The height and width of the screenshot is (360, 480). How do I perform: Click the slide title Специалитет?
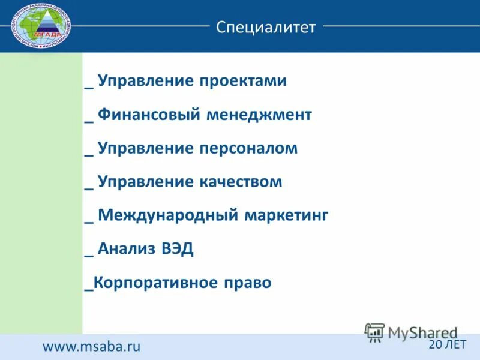(x=266, y=27)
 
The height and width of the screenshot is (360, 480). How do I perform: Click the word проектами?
(x=244, y=81)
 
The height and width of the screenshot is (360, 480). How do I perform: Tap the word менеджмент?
(x=259, y=115)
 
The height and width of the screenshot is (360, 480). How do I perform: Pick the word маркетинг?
(x=286, y=215)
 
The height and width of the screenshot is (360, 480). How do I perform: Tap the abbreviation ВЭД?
(x=177, y=249)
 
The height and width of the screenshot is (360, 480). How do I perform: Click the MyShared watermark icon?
(x=375, y=332)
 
